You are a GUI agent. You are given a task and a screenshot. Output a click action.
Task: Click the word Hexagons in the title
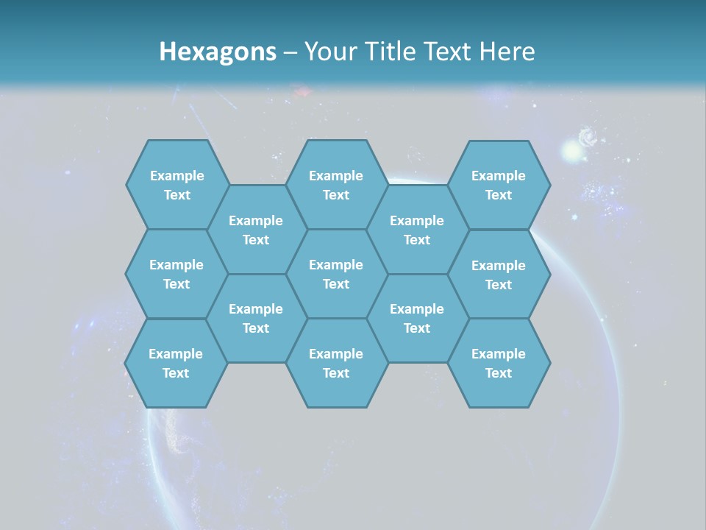pos(218,52)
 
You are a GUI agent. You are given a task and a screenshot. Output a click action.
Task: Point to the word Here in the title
pos(507,52)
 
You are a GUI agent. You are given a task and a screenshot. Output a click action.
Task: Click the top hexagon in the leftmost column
pos(176,185)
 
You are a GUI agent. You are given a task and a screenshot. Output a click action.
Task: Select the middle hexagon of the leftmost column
pos(176,274)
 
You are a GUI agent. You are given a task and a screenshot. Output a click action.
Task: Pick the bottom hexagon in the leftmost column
pos(176,363)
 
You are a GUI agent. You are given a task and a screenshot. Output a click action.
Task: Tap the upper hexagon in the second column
pos(256,230)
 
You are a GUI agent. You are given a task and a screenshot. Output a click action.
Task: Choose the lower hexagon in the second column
pos(256,318)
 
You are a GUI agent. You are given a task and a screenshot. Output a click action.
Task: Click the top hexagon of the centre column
pos(336,185)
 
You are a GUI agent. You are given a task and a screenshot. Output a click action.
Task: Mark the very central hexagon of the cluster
pos(336,274)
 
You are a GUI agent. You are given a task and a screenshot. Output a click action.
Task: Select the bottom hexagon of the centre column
pos(336,363)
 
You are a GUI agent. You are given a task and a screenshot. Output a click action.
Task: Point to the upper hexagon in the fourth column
pos(417,230)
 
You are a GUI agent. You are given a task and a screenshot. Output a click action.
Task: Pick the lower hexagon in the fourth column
pos(417,318)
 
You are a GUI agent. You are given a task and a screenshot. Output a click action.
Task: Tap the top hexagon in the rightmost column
pos(499,185)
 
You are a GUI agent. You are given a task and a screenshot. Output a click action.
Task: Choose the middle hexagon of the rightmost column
pos(499,275)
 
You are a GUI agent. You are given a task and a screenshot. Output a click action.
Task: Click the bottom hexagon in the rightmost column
pos(499,363)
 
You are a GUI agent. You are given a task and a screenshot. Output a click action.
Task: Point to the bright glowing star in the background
pos(571,152)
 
